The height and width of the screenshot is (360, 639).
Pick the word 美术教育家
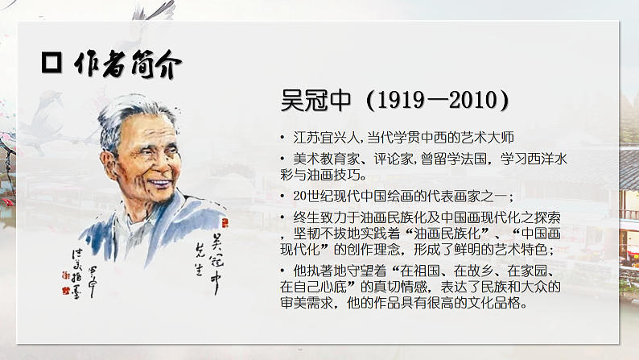(316, 159)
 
